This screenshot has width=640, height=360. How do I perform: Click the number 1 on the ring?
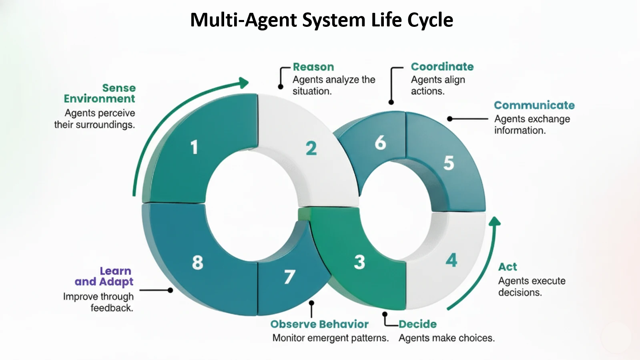point(194,147)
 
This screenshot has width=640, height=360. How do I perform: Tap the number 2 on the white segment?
point(311,149)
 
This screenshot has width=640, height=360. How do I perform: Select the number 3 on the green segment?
point(359,262)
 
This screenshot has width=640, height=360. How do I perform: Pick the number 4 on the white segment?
point(451,260)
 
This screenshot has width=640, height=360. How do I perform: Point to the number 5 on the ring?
point(449,163)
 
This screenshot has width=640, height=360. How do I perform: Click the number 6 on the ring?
point(380,143)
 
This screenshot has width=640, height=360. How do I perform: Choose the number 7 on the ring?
point(289,277)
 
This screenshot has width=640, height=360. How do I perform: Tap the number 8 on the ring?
point(197,263)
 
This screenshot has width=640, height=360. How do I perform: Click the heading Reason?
point(313,67)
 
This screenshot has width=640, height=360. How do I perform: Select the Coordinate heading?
point(442,66)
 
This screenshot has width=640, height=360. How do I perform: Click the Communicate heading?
point(534,105)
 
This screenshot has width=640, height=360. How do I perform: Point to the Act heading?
point(508,267)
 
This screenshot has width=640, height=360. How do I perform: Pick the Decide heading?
point(417,324)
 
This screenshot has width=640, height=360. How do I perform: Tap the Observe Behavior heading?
point(319,324)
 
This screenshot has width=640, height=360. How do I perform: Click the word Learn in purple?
point(115,271)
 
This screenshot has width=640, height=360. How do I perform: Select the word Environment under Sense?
point(99,99)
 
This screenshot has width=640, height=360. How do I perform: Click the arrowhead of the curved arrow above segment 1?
point(243,82)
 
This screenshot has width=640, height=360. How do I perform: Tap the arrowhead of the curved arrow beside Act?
point(495,221)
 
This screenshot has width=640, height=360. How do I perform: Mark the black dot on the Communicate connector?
point(450,119)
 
